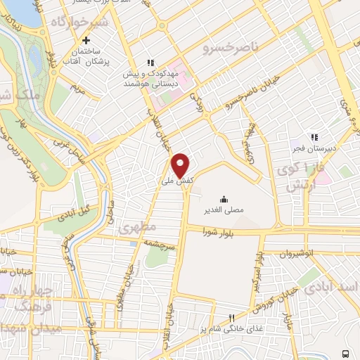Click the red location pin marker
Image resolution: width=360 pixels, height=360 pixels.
click(x=181, y=165)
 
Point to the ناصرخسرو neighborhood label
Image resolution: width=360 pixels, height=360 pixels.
click(x=231, y=47)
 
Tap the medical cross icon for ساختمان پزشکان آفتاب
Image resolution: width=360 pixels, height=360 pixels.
click(x=86, y=40)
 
